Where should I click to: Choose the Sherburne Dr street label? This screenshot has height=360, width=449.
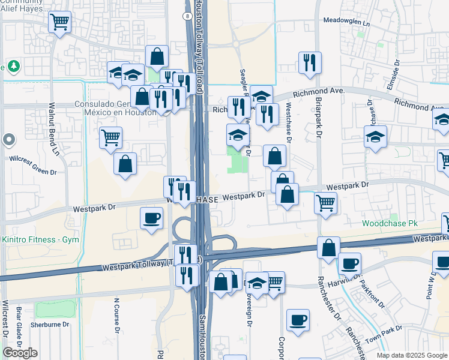click(x=50, y=325)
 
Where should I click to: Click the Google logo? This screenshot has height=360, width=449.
click(x=20, y=353)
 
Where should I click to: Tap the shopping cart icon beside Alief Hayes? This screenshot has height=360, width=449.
click(x=59, y=22)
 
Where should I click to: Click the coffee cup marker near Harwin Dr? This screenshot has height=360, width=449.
click(x=349, y=263)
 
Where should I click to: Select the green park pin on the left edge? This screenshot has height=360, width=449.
click(x=13, y=65)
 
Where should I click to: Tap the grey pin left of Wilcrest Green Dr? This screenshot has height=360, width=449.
click(x=8, y=140)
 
